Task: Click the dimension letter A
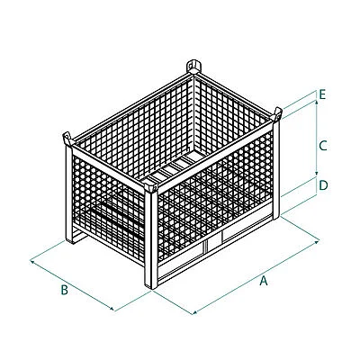[263, 281]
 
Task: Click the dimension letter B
[65, 290]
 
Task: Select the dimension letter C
[323, 146]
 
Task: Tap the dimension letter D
[323, 185]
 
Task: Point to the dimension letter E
[322, 94]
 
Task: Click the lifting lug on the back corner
[193, 67]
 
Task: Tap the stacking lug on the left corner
[68, 139]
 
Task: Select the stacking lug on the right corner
[276, 114]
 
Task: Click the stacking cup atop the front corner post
[151, 187]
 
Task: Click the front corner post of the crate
[151, 240]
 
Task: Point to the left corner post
[69, 194]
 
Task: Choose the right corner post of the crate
[276, 169]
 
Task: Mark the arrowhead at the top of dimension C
[316, 103]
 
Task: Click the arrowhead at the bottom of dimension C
[316, 174]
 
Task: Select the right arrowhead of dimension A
[317, 241]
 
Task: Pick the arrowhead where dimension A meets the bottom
[195, 312]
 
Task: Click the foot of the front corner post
[151, 285]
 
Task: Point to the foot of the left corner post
[69, 240]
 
